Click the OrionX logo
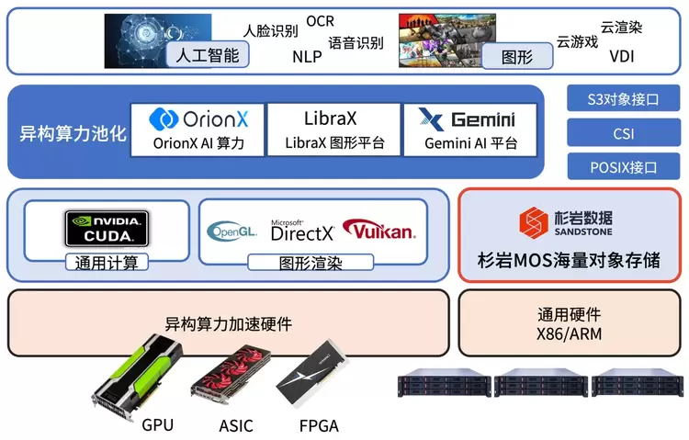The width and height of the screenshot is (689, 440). click(198, 119)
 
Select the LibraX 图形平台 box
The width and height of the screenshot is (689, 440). click(335, 130)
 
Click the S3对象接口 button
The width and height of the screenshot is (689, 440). click(623, 98)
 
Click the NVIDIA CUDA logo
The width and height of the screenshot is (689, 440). click(107, 226)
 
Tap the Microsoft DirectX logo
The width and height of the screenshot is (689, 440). click(301, 231)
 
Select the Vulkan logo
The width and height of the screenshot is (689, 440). click(378, 230)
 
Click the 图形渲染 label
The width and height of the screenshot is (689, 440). click(310, 263)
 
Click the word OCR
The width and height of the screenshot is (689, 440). click(321, 20)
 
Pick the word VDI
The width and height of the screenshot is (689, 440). click(621, 56)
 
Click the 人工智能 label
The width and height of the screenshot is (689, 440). click(208, 55)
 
